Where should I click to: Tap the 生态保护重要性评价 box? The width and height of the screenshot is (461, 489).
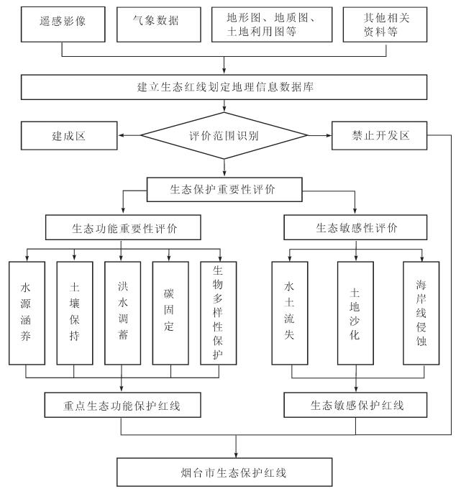[x=225, y=191]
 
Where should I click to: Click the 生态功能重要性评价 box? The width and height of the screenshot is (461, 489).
[x=122, y=229]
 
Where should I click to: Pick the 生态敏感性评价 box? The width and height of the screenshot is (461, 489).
[x=357, y=229]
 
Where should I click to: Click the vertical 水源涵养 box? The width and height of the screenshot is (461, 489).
[x=26, y=313]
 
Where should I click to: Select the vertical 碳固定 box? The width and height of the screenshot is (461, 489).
[x=170, y=313]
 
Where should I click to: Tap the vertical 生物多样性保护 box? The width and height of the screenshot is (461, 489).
[x=218, y=313]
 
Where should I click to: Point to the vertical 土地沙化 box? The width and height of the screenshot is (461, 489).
[x=355, y=313]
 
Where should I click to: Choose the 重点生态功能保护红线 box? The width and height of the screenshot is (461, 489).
[x=122, y=406]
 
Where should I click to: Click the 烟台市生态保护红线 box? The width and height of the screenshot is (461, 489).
[x=237, y=472]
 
